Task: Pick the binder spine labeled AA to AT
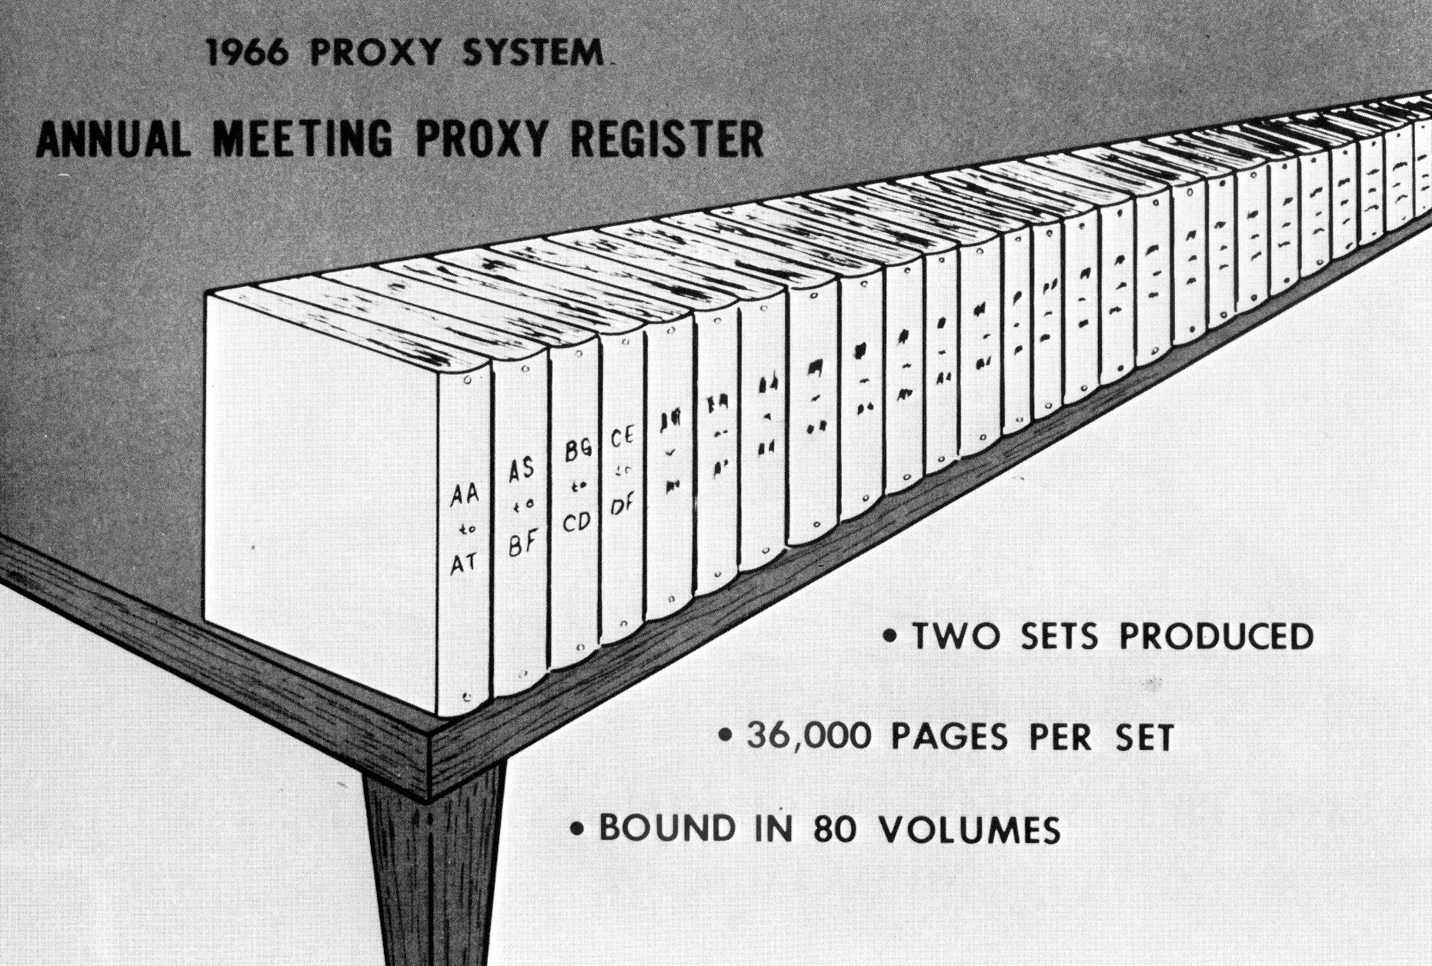(464, 538)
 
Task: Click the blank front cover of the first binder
(319, 492)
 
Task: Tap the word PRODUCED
(1216, 637)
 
